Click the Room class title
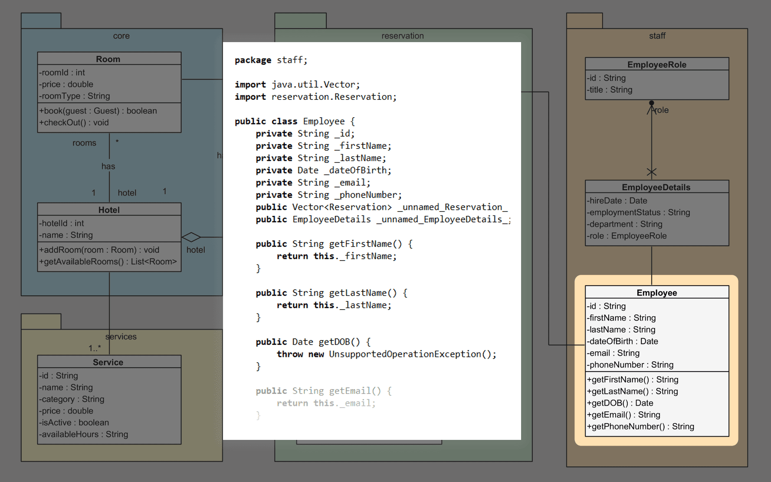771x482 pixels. tap(108, 59)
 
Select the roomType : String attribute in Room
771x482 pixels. tap(75, 96)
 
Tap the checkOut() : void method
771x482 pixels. tap(74, 122)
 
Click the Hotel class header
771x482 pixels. tap(109, 210)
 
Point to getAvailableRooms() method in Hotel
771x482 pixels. tap(108, 261)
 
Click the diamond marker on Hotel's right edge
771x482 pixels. tap(191, 237)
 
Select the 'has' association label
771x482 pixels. tap(108, 166)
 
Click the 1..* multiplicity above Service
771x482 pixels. tap(95, 348)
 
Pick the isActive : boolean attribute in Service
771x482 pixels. tap(74, 423)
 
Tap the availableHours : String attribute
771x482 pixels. tap(84, 434)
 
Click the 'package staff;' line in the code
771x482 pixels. tap(271, 60)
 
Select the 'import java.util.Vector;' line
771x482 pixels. tap(297, 84)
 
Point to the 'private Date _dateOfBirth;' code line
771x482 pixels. tap(323, 170)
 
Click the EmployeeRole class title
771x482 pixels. tap(656, 65)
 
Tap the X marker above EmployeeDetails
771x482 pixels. tap(651, 172)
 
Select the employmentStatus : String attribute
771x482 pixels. tap(639, 212)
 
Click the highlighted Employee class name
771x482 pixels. tap(656, 293)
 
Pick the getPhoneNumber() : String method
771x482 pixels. tap(641, 426)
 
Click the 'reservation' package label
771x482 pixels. tap(402, 36)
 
